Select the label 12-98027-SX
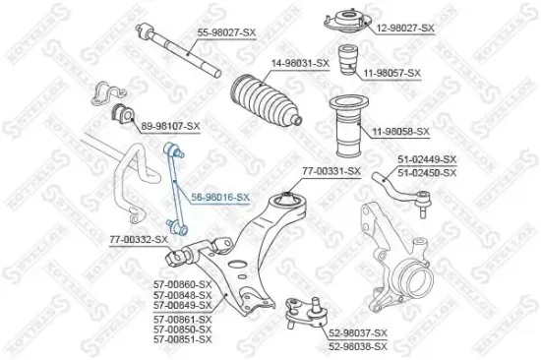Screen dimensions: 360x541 coord(405,29)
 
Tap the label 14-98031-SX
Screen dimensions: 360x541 coord(300,63)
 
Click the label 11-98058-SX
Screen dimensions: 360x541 coord(401,131)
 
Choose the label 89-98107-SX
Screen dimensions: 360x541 coord(170,126)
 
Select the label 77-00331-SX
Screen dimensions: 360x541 coord(331,171)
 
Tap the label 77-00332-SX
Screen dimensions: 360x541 coord(138,239)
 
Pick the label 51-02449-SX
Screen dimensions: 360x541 coord(427,159)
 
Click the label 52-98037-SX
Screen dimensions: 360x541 coord(358,332)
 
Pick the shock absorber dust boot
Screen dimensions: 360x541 coord(350,123)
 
